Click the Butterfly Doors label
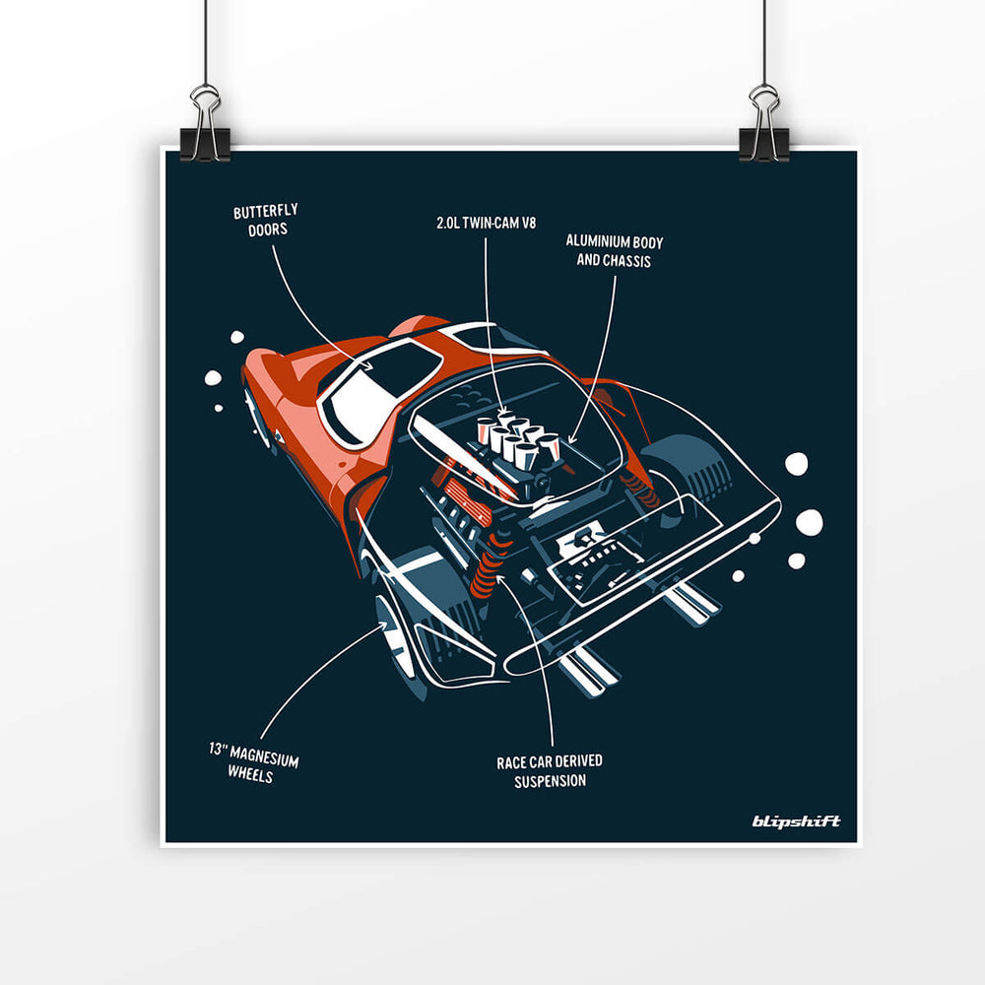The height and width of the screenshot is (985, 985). click(266, 221)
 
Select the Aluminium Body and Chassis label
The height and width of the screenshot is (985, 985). click(608, 250)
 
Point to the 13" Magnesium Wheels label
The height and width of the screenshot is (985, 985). click(253, 764)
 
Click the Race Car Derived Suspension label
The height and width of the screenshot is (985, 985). click(550, 771)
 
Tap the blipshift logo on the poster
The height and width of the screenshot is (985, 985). click(796, 821)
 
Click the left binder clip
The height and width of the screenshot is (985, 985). click(206, 125)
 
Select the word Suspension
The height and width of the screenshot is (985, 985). click(550, 781)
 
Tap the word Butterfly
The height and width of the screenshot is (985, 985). click(266, 212)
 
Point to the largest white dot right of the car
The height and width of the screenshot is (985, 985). click(809, 523)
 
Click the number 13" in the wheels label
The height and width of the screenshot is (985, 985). click(218, 751)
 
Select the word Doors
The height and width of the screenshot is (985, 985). click(266, 230)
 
